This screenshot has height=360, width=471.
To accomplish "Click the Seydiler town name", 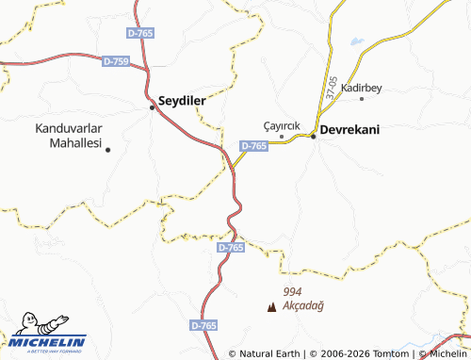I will point(183,100).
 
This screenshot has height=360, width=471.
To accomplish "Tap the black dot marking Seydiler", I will point(152,107).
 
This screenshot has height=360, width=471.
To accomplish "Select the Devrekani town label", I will point(350,130).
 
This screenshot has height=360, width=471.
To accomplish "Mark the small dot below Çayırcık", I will point(282,136).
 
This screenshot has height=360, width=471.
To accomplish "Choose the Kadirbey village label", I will point(361,87).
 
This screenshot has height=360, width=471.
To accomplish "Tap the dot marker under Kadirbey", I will point(362,98).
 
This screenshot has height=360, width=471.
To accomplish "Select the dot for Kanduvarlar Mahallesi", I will point(107,149).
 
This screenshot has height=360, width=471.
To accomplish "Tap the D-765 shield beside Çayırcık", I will point(254,146).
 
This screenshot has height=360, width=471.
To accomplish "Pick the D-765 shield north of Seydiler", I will point(139,33).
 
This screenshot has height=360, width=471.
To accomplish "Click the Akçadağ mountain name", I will point(303,306).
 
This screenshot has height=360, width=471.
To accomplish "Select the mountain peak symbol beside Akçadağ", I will point(273,306).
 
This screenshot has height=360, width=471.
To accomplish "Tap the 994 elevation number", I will point(292,292).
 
